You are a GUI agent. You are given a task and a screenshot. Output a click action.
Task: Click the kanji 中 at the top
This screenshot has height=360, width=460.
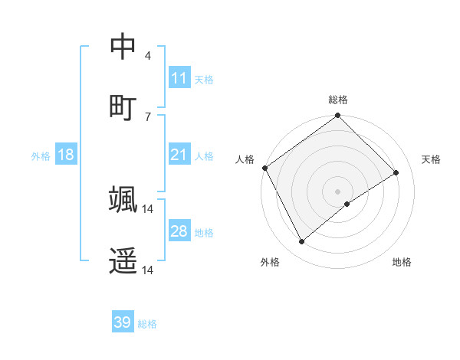point(123,46)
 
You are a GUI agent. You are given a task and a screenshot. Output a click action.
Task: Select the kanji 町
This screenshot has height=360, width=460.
point(123,106)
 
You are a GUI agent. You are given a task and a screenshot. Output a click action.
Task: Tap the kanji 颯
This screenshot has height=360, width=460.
point(123,198)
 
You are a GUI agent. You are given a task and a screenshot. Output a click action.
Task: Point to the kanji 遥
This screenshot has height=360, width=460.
point(123,260)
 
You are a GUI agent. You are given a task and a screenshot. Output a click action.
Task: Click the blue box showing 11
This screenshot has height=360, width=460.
point(179,78)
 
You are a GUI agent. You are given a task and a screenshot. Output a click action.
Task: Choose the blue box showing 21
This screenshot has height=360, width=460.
point(179,155)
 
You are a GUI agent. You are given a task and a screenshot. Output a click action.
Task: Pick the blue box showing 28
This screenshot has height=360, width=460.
point(179,231)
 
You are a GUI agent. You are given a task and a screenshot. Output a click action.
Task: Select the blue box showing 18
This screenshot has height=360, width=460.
point(66,155)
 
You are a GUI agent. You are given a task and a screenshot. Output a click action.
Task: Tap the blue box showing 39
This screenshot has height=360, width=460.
point(123,322)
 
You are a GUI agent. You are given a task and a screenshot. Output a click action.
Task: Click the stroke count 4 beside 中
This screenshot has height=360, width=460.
point(148,55)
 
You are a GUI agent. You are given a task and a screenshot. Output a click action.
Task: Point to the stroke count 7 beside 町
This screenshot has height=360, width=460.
point(148,116)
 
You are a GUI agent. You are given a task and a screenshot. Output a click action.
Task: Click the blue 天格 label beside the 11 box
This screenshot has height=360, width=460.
point(204,79)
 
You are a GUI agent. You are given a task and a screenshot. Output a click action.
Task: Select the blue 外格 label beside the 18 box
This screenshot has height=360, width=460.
point(41,155)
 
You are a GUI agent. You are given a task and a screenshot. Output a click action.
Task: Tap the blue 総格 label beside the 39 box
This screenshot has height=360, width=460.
point(147,323)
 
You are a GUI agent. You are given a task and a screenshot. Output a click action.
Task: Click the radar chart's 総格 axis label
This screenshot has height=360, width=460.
point(338,100)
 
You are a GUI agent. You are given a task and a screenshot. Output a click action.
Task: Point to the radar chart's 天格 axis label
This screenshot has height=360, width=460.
point(432,159)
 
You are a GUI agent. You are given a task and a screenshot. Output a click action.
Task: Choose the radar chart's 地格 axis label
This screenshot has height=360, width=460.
point(402,262)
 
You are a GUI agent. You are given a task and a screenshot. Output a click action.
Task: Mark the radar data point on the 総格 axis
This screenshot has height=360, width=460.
point(338,116)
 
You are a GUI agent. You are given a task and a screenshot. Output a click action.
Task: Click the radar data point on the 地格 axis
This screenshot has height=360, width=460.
point(347,204)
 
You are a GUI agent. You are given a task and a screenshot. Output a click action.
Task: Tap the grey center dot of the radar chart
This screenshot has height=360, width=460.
point(338,191)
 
